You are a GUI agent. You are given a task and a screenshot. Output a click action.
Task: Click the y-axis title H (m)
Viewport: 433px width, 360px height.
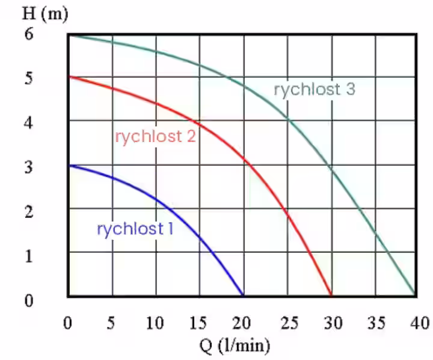(x=45, y=14)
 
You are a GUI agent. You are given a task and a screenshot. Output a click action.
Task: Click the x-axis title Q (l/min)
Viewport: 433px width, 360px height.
(x=235, y=346)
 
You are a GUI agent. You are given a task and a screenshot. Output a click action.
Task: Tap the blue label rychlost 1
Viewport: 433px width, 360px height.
(x=135, y=229)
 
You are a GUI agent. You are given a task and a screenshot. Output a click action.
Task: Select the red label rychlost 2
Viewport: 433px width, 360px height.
(x=156, y=137)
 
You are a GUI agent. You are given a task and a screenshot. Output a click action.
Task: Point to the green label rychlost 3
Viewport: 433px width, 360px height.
(x=315, y=90)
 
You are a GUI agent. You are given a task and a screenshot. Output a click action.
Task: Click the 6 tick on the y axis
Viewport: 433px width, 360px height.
(x=29, y=34)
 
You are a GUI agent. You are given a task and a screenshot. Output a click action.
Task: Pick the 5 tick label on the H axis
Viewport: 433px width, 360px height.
(x=29, y=78)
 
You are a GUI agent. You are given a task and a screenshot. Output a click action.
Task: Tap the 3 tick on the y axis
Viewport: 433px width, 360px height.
(x=29, y=167)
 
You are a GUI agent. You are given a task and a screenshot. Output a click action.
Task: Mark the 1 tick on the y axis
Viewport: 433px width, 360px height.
(x=29, y=256)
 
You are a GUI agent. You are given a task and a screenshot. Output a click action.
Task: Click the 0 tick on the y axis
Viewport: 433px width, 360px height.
(x=29, y=300)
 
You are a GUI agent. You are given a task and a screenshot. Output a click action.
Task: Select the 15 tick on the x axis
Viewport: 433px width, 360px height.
(x=198, y=323)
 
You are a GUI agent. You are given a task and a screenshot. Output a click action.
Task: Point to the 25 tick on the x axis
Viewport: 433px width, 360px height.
(x=289, y=323)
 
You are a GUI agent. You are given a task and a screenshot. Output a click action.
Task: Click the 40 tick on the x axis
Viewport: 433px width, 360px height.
(x=420, y=323)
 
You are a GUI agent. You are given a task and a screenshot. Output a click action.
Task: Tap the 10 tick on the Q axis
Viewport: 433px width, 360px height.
(x=155, y=323)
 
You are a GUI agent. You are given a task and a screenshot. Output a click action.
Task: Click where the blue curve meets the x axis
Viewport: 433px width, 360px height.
(x=244, y=296)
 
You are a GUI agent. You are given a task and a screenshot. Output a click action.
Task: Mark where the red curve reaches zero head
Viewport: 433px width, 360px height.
(x=331, y=296)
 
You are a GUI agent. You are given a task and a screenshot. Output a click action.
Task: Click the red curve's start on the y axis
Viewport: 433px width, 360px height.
(x=69, y=76)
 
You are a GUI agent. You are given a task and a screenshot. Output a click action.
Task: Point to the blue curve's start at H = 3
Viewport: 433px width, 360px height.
(x=69, y=166)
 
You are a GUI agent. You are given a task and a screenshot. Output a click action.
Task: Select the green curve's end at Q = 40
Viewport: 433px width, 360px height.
(x=415, y=294)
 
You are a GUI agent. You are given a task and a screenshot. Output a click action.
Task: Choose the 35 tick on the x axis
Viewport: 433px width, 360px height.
(x=376, y=323)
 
